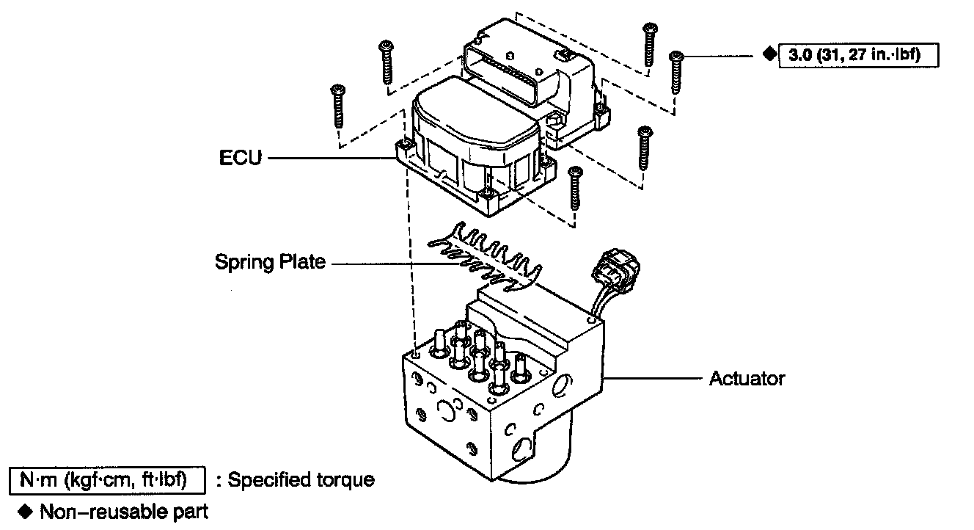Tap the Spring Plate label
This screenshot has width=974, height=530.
(270, 262)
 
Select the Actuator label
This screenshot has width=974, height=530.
(747, 379)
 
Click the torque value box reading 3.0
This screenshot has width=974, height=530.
(858, 55)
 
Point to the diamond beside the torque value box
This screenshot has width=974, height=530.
(767, 54)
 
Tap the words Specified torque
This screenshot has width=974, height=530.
(301, 480)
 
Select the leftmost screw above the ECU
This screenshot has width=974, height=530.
(338, 106)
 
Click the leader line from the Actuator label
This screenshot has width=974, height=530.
(653, 379)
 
